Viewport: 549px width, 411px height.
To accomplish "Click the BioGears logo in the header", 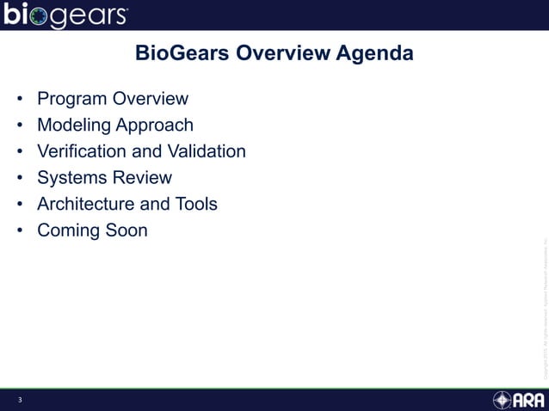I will [x=66, y=15].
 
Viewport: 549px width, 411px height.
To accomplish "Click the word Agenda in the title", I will [x=375, y=53].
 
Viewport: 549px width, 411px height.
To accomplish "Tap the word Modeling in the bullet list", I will [x=75, y=126].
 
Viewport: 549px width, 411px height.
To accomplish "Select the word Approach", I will [x=156, y=126].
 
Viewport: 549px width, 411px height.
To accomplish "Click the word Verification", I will [x=81, y=151].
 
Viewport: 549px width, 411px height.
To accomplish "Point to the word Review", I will [x=141, y=178].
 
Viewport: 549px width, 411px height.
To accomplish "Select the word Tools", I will [x=194, y=204].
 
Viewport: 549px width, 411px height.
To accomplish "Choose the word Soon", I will [x=125, y=230].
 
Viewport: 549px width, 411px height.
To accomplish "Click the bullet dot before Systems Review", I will [x=19, y=178].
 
